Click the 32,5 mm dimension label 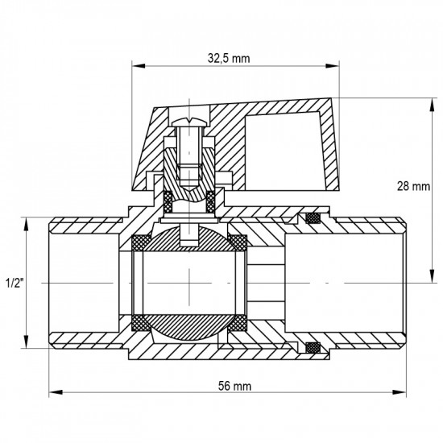click(229, 59)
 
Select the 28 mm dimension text click(413, 187)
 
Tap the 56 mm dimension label click(234, 386)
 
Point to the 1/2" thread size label click(14, 283)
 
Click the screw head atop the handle click(189, 122)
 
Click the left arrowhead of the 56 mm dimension click(56, 392)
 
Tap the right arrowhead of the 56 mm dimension click(399, 392)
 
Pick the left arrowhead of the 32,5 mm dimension click(139, 66)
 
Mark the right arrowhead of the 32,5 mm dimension click(332, 66)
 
